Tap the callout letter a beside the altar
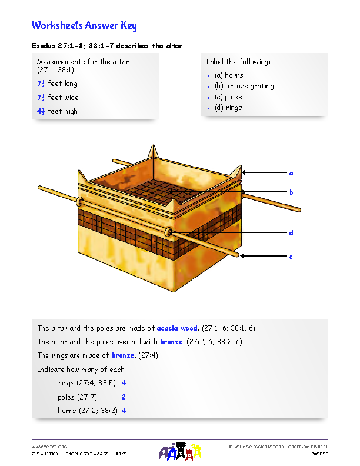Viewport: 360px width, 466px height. (x=291, y=173)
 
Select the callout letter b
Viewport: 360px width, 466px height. (x=291, y=192)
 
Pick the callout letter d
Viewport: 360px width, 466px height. (x=291, y=233)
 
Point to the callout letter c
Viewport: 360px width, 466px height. (x=291, y=257)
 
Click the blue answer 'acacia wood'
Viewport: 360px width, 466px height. (x=177, y=328)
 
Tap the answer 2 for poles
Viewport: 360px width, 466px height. (x=124, y=397)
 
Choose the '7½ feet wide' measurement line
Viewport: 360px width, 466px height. (x=58, y=98)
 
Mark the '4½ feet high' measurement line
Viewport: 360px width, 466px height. (x=57, y=111)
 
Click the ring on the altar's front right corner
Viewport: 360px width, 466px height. (x=169, y=232)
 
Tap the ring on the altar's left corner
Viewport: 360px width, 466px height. (x=78, y=202)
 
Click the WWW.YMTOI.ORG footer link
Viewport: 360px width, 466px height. (x=49, y=447)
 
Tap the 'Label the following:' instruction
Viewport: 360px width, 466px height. (x=238, y=62)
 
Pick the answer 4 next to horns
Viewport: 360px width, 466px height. (x=124, y=411)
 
